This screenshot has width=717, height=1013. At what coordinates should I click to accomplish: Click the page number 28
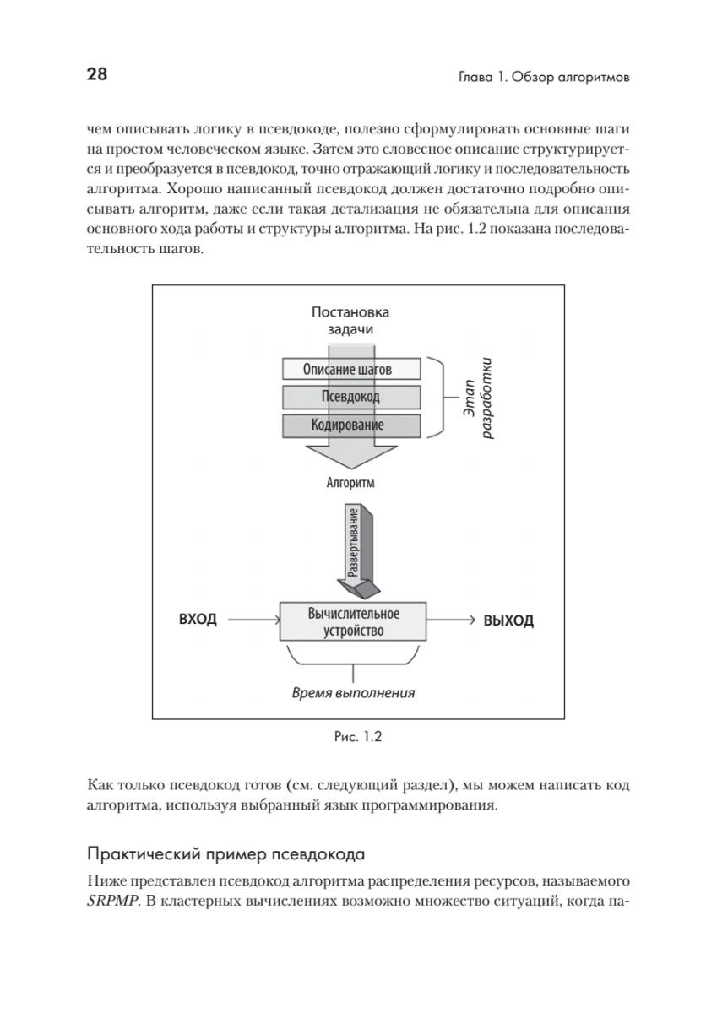coord(96,75)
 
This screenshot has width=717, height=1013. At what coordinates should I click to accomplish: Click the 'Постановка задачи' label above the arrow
coord(350,321)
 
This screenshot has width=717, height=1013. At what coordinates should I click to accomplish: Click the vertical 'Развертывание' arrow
coord(354,544)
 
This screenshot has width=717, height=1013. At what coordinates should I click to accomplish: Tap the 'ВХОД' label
coord(198,620)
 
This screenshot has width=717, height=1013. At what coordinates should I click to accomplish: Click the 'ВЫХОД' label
coord(508,621)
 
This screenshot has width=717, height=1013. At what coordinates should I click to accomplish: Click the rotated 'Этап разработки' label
coord(479,397)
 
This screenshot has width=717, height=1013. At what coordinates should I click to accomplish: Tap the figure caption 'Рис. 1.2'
coord(358,737)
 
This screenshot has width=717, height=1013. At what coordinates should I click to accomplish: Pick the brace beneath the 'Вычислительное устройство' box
coord(354,661)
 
